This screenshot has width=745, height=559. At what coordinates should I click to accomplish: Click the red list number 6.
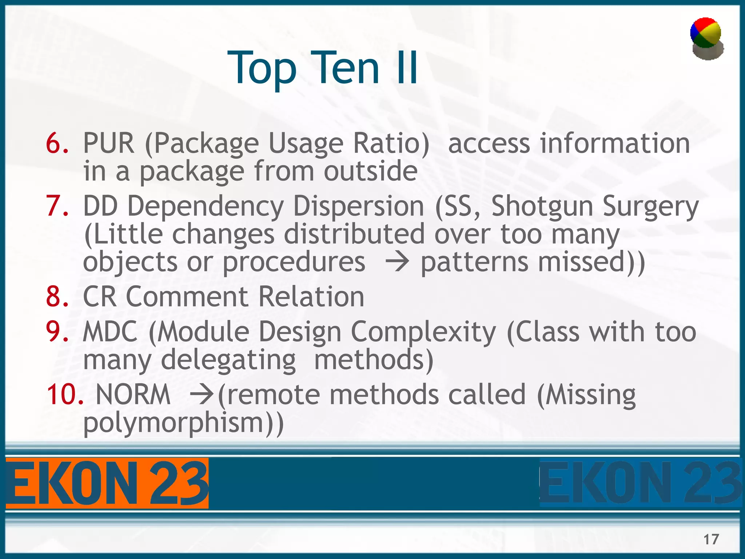click(x=57, y=143)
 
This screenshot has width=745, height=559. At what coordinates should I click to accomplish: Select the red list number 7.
click(x=57, y=206)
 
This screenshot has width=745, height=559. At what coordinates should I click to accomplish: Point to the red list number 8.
click(x=57, y=297)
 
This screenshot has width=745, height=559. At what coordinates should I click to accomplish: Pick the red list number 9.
click(x=57, y=332)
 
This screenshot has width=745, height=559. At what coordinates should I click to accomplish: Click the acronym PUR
click(x=108, y=143)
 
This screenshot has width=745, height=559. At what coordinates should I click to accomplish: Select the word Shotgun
click(x=542, y=206)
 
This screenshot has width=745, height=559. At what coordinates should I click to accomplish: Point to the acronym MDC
click(x=110, y=332)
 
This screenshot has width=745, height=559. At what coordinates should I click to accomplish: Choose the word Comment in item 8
click(x=187, y=297)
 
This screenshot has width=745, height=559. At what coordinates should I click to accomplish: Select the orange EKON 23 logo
click(x=107, y=483)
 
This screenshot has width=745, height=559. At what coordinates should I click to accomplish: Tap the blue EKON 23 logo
click(x=640, y=483)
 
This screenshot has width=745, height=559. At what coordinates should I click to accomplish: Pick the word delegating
click(x=228, y=360)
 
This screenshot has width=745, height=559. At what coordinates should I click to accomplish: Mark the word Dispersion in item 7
click(x=358, y=206)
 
